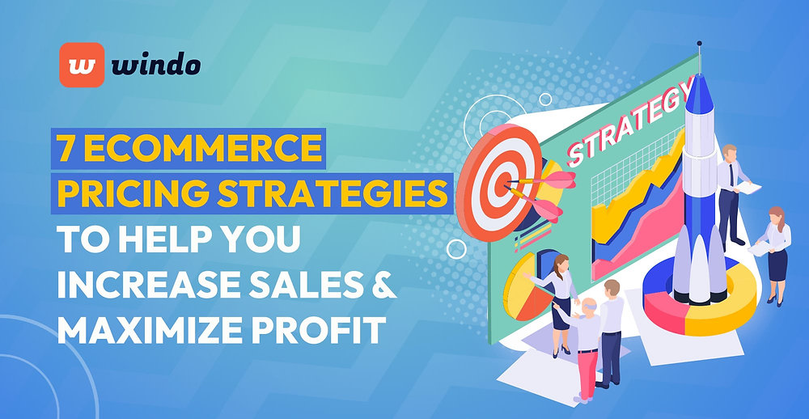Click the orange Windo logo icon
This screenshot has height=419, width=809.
pyautogui.click(x=82, y=65)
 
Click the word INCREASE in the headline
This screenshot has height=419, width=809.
pyautogui.click(x=138, y=285)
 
